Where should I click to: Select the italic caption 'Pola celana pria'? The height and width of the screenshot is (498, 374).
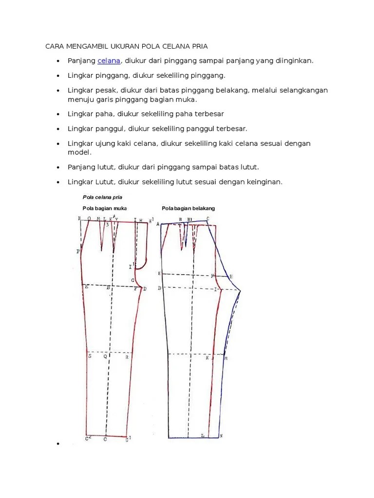tap(102, 197)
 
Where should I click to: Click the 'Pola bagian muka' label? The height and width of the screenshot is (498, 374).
tap(104, 208)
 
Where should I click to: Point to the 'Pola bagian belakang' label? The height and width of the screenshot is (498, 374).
tap(188, 208)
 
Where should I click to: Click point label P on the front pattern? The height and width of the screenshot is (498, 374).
tap(78, 251)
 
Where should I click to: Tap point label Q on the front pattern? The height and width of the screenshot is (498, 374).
tap(105, 356)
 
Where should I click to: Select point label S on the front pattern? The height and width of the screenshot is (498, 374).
tap(90, 356)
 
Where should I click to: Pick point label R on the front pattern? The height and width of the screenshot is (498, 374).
tap(127, 357)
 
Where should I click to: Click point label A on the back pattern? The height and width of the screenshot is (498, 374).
tap(158, 224)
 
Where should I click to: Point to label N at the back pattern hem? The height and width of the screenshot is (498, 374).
tap(221, 435)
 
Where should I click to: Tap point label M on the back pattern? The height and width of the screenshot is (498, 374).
tap(226, 358)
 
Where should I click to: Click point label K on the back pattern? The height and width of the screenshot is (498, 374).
tap(207, 358)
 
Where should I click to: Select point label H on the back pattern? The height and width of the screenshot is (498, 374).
tap(231, 276)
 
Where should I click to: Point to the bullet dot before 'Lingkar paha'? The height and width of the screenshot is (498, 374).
tap(58, 114)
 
